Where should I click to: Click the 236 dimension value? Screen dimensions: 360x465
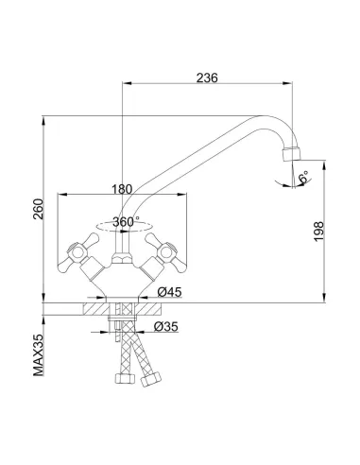[x=207, y=77]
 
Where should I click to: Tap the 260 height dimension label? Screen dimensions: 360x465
[x=38, y=209]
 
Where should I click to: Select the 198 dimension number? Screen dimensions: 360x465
[x=318, y=232]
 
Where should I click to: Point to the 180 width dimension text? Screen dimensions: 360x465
[x=122, y=189]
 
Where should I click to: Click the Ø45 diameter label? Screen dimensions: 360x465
[x=170, y=292]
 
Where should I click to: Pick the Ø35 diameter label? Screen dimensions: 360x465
[x=166, y=326]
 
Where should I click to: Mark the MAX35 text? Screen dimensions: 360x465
[x=38, y=354]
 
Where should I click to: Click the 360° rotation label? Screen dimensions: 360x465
[x=126, y=222]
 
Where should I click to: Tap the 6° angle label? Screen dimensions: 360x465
[x=304, y=177]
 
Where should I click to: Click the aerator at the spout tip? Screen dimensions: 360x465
[x=292, y=154]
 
